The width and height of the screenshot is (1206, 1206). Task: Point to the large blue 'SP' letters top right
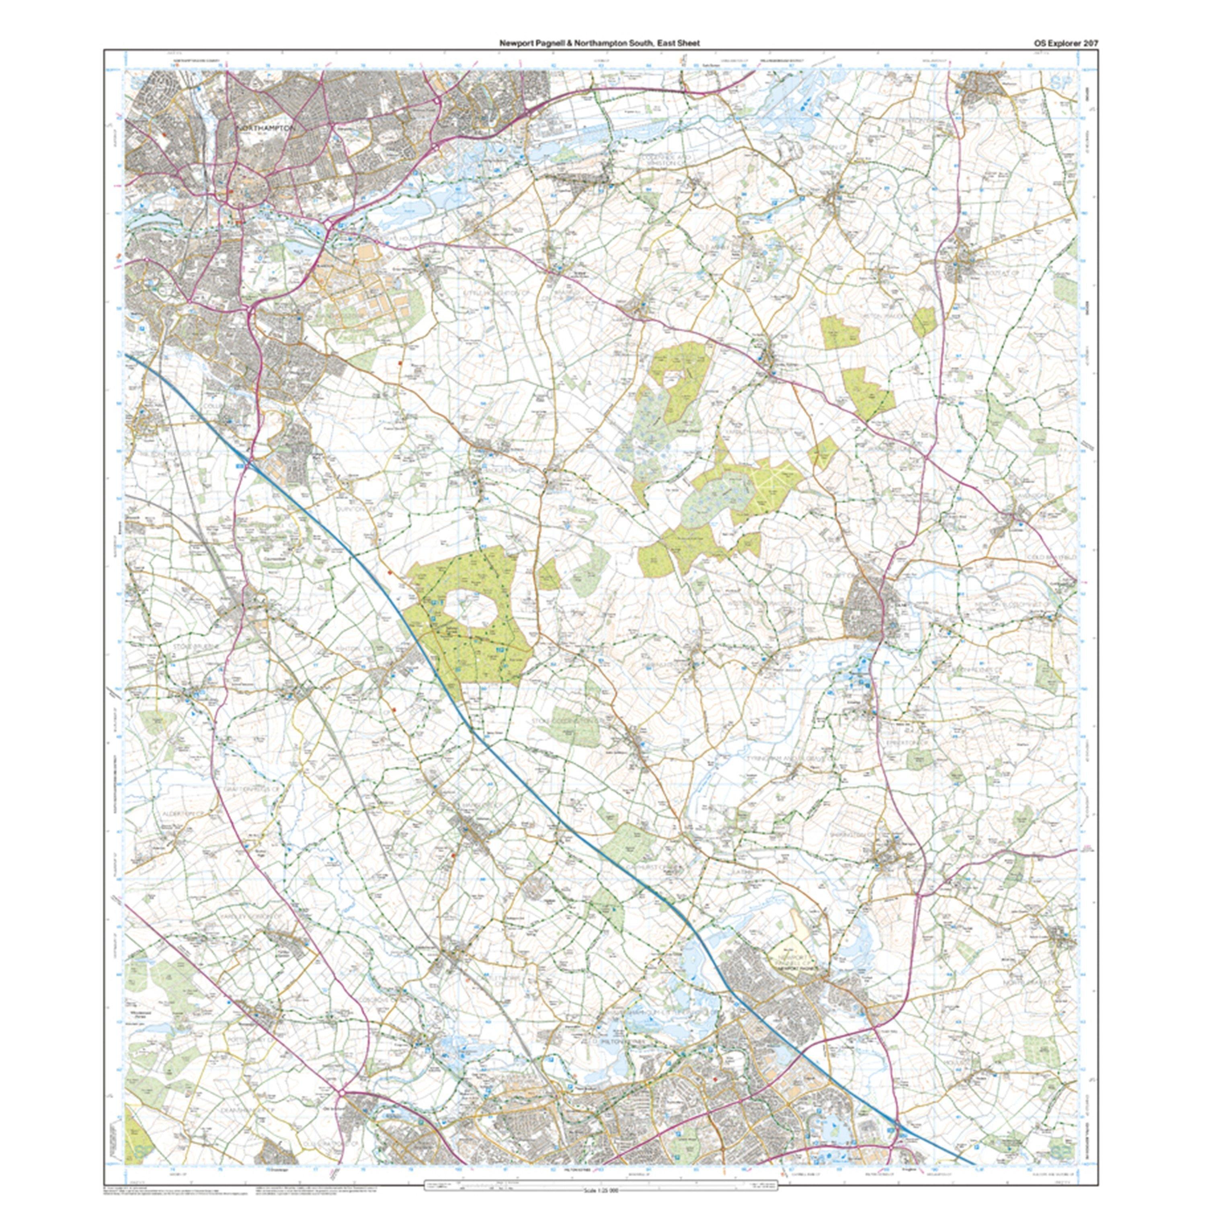tap(1059, 81)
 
